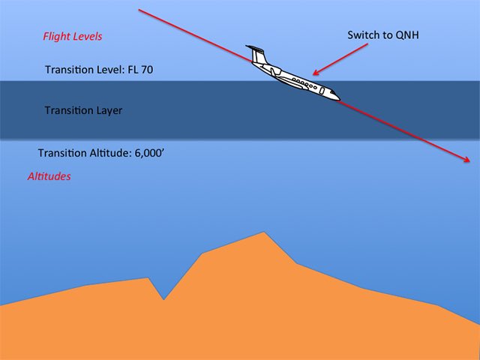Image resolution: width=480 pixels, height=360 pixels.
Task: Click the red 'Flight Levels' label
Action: click(x=73, y=36)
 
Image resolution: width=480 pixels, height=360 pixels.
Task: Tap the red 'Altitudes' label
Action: click(x=49, y=177)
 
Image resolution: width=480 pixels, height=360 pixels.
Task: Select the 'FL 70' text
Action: click(x=141, y=70)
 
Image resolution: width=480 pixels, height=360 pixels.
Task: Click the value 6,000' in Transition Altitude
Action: click(x=155, y=153)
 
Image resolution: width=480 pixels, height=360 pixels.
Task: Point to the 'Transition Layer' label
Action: click(x=83, y=110)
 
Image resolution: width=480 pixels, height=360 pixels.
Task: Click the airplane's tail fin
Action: click(x=257, y=54)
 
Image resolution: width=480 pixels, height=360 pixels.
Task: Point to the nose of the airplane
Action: click(x=338, y=97)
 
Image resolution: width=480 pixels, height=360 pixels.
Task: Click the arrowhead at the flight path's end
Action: click(x=468, y=160)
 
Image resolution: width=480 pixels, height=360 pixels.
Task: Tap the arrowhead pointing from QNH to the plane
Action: click(x=316, y=73)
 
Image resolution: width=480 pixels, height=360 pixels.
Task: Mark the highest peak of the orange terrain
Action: click(x=263, y=232)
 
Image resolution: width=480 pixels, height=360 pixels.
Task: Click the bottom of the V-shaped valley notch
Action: click(x=163, y=299)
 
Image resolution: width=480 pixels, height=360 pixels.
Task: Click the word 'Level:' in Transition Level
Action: click(x=113, y=70)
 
